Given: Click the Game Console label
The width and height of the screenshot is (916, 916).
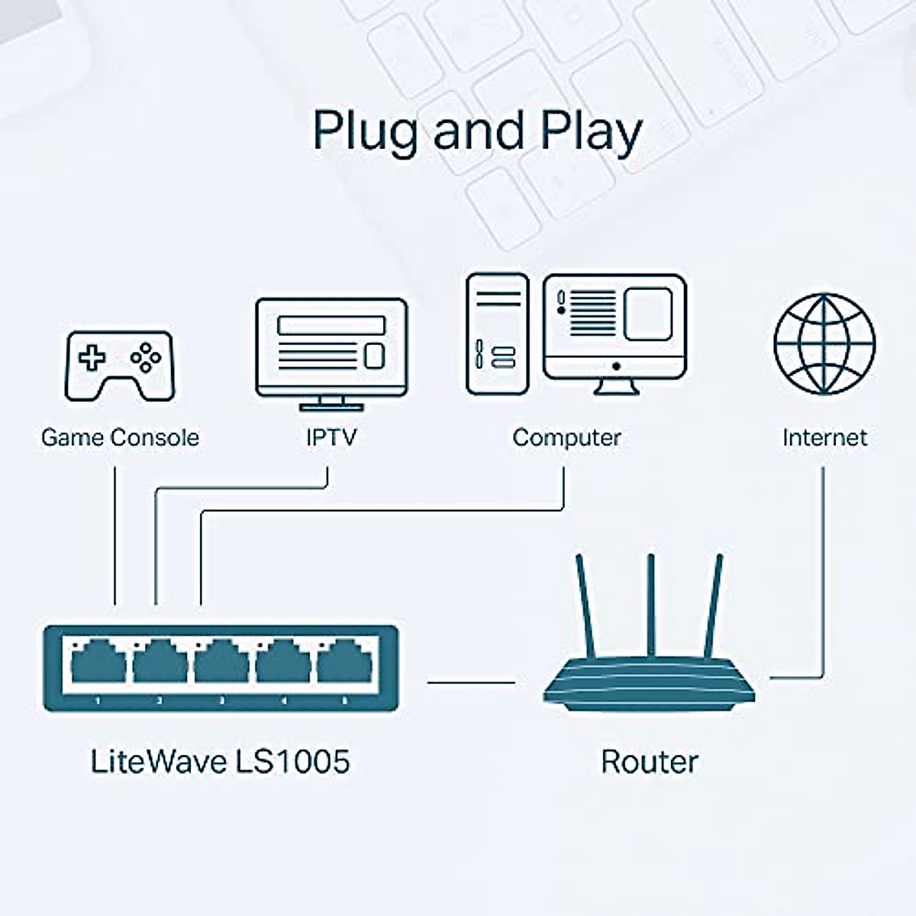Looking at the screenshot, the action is (121, 437).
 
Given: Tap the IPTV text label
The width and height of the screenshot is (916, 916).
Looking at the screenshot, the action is (331, 437).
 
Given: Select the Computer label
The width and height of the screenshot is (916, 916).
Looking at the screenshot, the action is (566, 438).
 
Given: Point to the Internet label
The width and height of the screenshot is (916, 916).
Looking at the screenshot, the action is (824, 438).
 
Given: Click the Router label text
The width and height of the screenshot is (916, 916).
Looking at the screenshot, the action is (650, 762).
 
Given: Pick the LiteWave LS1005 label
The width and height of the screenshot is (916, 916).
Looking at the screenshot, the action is (220, 761).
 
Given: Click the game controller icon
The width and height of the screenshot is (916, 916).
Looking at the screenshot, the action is (120, 366).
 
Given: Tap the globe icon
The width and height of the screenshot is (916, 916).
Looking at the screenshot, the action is (824, 343).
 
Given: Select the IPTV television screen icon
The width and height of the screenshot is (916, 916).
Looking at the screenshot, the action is (331, 354).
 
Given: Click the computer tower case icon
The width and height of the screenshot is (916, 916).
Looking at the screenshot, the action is (498, 334).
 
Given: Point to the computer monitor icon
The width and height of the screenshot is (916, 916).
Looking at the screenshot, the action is (615, 334).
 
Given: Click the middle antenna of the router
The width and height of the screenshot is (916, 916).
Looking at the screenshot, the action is (651, 605).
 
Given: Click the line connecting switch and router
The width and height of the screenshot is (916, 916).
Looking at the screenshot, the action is (471, 682).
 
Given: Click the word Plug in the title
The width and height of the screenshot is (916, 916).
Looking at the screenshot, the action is (365, 131).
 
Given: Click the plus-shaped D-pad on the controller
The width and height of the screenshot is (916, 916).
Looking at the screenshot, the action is (92, 358).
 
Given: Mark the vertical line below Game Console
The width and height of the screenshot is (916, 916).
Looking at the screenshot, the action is (115, 536).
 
